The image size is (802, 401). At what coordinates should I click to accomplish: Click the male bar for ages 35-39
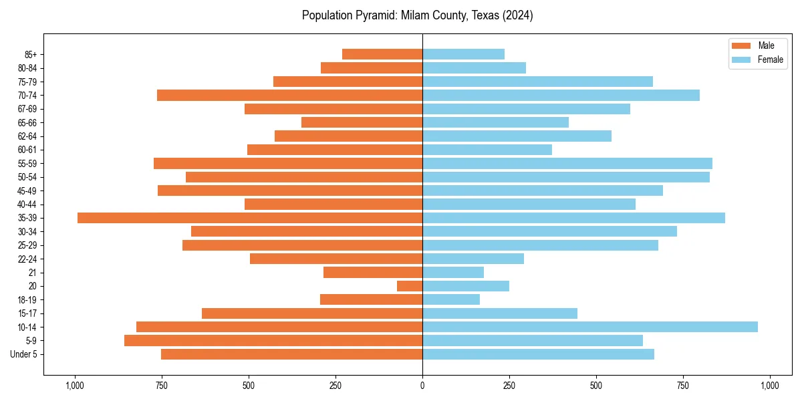coord(250,218)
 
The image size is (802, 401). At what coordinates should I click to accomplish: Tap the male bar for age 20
coord(410,286)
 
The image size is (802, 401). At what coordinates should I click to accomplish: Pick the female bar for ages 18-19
coord(451,299)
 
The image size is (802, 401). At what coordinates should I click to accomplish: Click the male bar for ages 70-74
coord(289,95)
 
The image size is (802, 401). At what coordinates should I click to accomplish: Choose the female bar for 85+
coord(463,54)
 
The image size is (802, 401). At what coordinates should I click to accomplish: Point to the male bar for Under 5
coord(291,354)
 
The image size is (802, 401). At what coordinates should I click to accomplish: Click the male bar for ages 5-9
coord(273,340)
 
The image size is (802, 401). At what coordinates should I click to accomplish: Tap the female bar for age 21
coord(453,272)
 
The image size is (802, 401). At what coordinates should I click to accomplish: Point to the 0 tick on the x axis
coord(422,386)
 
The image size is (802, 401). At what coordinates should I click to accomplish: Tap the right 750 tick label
coord(683,386)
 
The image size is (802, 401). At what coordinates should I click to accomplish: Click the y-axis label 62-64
coord(28,136)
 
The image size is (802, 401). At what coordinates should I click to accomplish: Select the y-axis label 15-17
coord(28,313)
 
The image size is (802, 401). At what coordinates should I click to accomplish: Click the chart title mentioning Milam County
coord(418,15)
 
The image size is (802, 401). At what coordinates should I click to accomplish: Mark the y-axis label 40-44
coord(28,205)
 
